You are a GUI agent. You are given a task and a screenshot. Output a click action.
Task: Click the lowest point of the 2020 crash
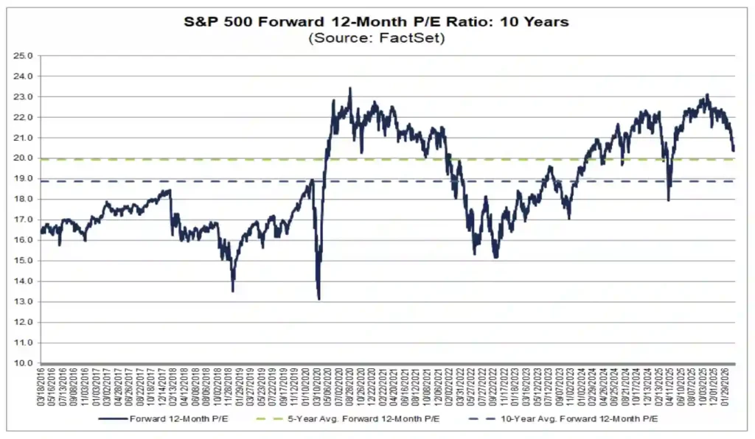(x=319, y=299)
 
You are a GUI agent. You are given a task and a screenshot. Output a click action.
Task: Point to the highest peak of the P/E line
(x=349, y=88)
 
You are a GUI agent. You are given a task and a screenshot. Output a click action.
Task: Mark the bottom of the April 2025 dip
(x=669, y=200)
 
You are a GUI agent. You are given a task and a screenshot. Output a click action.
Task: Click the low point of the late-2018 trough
(x=233, y=291)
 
